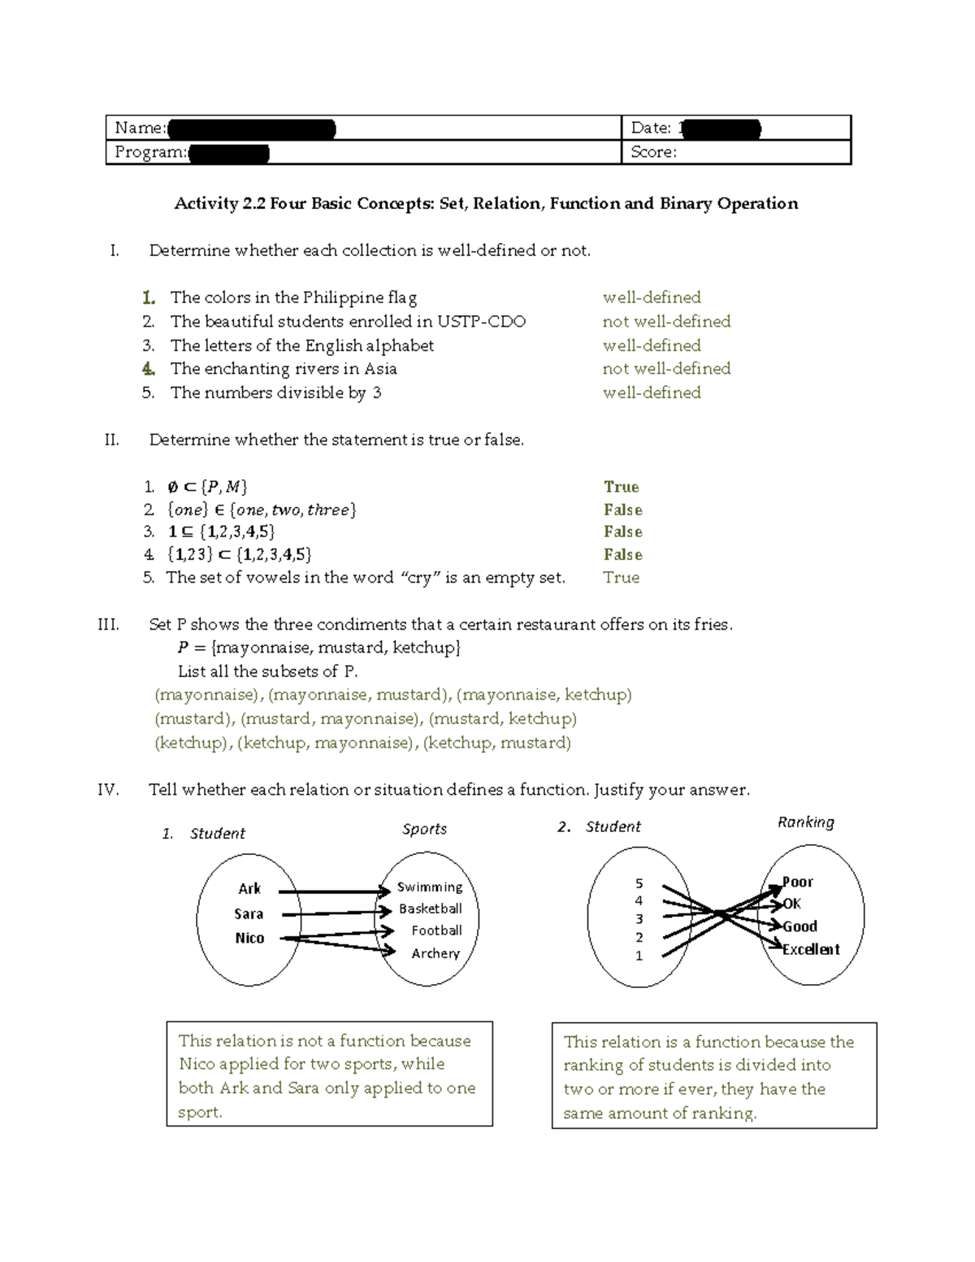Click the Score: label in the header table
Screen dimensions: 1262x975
pyautogui.click(x=652, y=152)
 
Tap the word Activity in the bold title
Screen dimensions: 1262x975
pyautogui.click(x=206, y=203)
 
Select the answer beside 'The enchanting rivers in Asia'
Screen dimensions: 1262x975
pyautogui.click(x=666, y=369)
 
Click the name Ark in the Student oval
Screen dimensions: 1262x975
pyautogui.click(x=249, y=889)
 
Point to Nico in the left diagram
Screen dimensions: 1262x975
pyautogui.click(x=249, y=938)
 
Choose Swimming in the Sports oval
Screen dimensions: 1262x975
pyautogui.click(x=430, y=887)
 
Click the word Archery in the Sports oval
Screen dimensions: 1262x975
pyautogui.click(x=435, y=953)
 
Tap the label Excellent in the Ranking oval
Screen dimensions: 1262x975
pyautogui.click(x=811, y=949)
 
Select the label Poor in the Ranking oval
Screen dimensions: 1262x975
pyautogui.click(x=797, y=883)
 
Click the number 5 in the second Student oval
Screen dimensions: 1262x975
pyautogui.click(x=639, y=883)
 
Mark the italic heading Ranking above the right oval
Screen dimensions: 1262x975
pyautogui.click(x=805, y=822)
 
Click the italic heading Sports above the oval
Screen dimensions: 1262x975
pyautogui.click(x=424, y=829)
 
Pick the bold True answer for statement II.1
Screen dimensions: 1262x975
pyautogui.click(x=622, y=487)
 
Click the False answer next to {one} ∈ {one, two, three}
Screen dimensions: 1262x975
pyautogui.click(x=623, y=510)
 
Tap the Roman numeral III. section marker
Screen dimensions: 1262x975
pyautogui.click(x=108, y=625)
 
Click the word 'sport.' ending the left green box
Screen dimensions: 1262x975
pyautogui.click(x=200, y=1112)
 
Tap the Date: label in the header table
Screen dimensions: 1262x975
pyautogui.click(x=651, y=128)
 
